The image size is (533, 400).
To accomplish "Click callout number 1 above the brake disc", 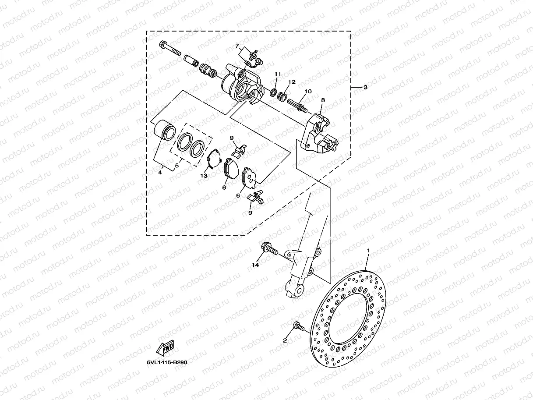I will (368, 251).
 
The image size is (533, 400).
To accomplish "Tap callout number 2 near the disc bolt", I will (285, 340).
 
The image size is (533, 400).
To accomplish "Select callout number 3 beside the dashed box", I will (366, 87).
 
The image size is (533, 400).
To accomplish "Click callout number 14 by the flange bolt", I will (255, 265).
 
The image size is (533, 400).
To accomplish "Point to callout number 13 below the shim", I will (204, 175).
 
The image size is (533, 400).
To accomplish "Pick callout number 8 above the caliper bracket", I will (323, 100).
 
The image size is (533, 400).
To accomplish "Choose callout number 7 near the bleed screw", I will (236, 46).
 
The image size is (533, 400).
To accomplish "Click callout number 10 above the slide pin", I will (308, 91).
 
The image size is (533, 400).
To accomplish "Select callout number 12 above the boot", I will (292, 82).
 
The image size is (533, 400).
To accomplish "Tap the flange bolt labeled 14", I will (269, 249).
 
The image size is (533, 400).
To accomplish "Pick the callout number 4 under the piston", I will (160, 173).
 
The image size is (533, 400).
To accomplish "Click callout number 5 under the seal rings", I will (177, 166).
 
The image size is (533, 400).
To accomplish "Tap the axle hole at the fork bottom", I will (299, 290).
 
